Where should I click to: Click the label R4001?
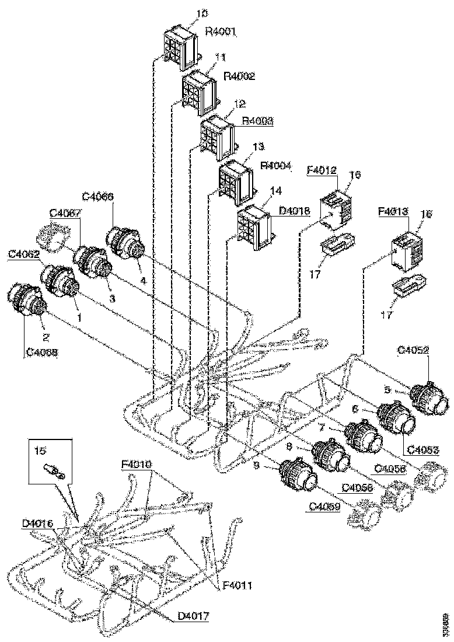(x=221, y=33)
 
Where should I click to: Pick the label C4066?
(x=97, y=197)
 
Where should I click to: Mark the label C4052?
(x=413, y=350)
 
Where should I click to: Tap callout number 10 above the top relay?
(x=186, y=12)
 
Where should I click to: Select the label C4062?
(x=24, y=254)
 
